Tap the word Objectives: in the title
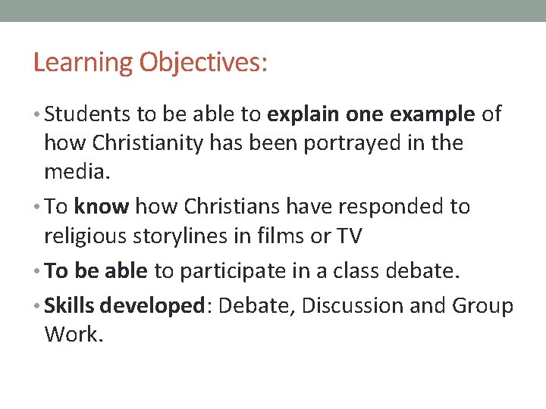tap(202, 63)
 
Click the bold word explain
tap(304, 114)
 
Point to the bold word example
tap(432, 114)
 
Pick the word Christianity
tap(160, 143)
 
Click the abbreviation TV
tap(350, 236)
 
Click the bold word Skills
tap(69, 305)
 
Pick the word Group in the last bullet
tap(483, 305)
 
